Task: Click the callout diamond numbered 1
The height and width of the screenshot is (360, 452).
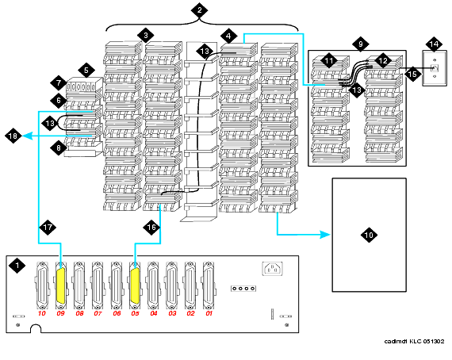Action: (x=17, y=265)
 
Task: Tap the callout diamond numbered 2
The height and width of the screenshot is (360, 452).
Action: (x=200, y=10)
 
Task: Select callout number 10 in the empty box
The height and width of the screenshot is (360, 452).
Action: (x=369, y=235)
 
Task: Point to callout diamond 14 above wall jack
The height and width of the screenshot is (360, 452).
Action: (x=434, y=44)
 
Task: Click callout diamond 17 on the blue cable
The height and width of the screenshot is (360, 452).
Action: (x=48, y=227)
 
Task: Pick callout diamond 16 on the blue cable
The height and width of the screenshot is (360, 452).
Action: (x=151, y=227)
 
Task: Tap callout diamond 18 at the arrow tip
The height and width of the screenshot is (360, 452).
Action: (x=13, y=136)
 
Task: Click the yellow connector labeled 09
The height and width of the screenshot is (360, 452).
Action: (x=61, y=285)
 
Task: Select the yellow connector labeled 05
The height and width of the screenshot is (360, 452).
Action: (x=135, y=285)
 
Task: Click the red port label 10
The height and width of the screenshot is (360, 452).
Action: (x=42, y=313)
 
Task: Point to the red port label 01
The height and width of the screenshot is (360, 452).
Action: (x=209, y=313)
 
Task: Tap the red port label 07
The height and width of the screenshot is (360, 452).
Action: (x=98, y=313)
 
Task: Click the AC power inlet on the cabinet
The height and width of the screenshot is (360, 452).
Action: (x=273, y=269)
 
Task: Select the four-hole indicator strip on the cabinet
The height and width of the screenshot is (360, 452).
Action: (x=243, y=288)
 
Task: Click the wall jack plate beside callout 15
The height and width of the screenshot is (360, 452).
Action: (x=435, y=68)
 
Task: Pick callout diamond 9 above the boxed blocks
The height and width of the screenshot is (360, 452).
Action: (x=360, y=44)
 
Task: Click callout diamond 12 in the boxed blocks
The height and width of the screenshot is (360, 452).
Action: (x=383, y=61)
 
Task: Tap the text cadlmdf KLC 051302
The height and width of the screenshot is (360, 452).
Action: (x=414, y=342)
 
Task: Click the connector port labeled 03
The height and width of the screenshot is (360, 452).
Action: (x=171, y=285)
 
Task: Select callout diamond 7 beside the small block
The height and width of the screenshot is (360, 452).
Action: (x=59, y=83)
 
